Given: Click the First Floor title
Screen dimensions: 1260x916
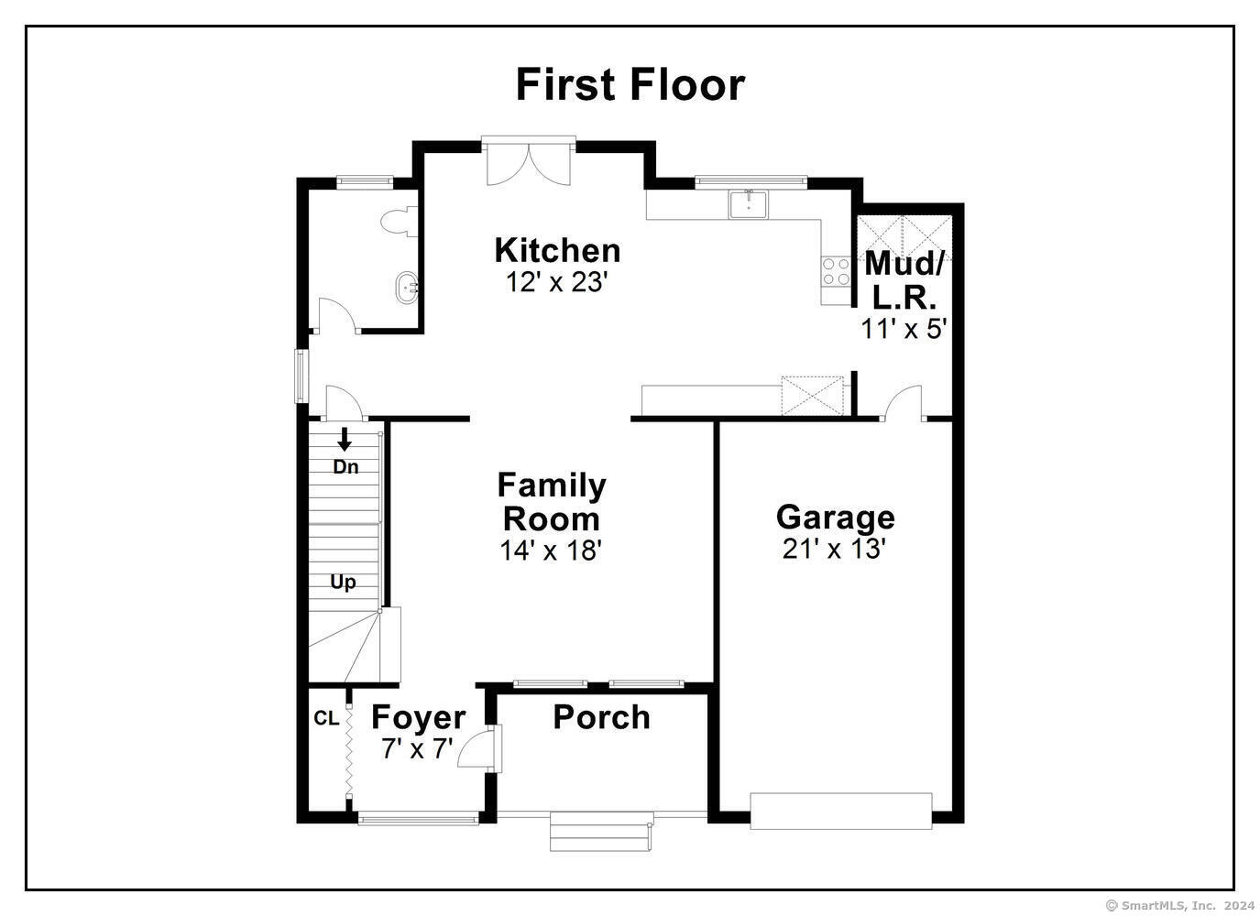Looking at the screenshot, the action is (630, 85).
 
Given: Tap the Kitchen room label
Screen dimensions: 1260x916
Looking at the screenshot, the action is (557, 250).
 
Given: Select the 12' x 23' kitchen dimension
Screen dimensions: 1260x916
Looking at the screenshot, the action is (557, 282).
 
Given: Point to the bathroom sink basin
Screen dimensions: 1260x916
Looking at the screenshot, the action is (408, 289).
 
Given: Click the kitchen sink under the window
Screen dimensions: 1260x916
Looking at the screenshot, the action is (749, 204).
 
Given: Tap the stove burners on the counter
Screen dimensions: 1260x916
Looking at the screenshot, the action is (836, 271).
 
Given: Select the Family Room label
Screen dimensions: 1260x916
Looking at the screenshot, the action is (552, 502).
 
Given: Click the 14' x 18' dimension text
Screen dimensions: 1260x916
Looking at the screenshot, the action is (552, 550).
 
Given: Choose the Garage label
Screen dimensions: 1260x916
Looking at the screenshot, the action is (836, 518).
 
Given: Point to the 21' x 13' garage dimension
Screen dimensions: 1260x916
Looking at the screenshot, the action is (835, 549).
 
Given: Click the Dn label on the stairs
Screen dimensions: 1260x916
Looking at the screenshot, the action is (345, 467).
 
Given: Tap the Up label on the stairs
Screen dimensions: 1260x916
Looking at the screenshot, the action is (343, 582).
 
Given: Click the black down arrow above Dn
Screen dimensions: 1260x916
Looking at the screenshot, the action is (345, 439).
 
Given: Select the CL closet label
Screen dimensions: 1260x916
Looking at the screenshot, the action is (327, 718).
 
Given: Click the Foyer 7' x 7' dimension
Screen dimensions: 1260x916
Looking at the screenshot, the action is (417, 748).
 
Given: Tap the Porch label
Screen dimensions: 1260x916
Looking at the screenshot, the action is (601, 717).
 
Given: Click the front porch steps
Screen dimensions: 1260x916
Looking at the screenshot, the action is (601, 831).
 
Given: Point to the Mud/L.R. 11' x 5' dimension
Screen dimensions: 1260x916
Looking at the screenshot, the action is (904, 329).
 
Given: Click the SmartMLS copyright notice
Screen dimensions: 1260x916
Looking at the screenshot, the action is (1179, 905).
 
